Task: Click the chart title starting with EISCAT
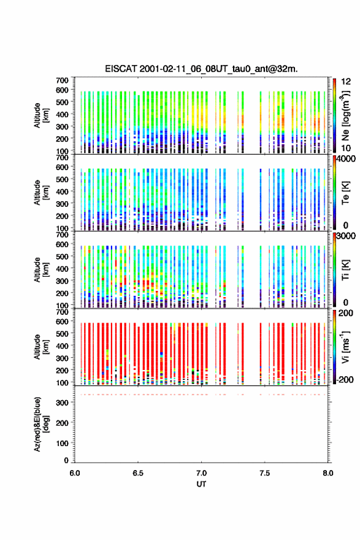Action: [x=201, y=69]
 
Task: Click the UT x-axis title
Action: [x=201, y=484]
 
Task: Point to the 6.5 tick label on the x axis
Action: [x=138, y=473]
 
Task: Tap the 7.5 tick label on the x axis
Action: [x=265, y=473]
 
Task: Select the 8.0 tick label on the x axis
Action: [x=328, y=473]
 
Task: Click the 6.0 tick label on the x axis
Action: [x=75, y=473]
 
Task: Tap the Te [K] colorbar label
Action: [x=345, y=193]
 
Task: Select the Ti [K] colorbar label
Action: [x=345, y=270]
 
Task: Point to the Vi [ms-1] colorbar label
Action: [x=345, y=347]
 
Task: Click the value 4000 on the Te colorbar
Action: [x=347, y=159]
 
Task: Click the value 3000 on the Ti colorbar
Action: [x=347, y=236]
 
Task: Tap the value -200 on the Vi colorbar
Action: [x=345, y=379]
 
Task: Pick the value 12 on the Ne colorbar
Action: [x=347, y=82]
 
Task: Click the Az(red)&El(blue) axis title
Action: [x=41, y=424]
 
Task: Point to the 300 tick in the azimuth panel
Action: [x=63, y=403]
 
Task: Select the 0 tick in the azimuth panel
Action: [x=66, y=460]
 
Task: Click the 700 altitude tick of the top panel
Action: [x=63, y=80]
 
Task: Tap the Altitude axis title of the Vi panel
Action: [x=41, y=347]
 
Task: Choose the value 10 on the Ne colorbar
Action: [x=347, y=148]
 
